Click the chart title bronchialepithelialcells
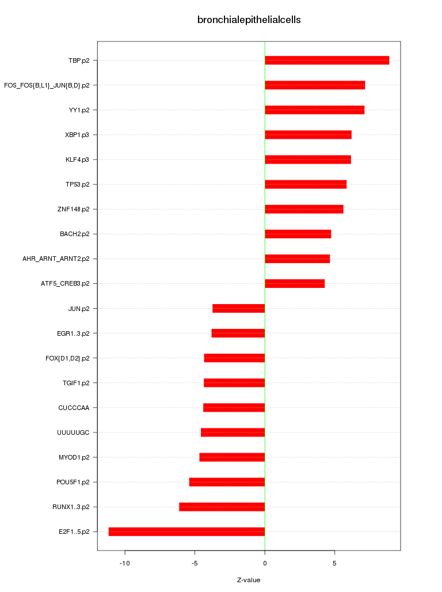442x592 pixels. tap(249, 20)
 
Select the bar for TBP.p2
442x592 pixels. tap(327, 60)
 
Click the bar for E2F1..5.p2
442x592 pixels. tap(186, 532)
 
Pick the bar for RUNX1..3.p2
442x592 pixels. tap(222, 507)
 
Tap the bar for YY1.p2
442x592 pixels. tap(314, 110)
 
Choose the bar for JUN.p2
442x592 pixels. tap(238, 309)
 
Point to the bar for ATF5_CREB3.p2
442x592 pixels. tap(295, 283)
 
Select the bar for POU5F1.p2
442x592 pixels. tap(227, 482)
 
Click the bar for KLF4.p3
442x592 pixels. tap(307, 160)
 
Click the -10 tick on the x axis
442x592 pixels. tap(124, 563)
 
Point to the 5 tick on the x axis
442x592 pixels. tap(334, 563)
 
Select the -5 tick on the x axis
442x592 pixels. tap(195, 563)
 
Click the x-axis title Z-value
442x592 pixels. tap(249, 580)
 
